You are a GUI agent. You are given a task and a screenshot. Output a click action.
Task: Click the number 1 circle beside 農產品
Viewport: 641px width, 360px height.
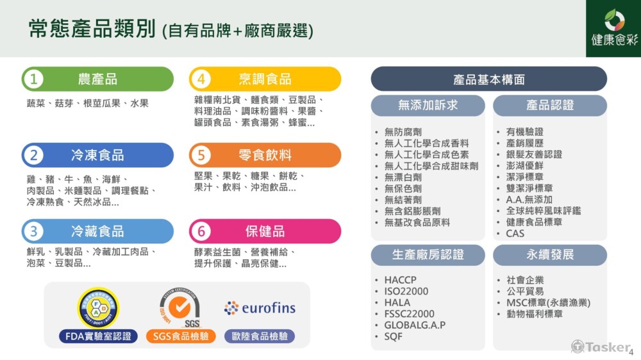click(x=33, y=79)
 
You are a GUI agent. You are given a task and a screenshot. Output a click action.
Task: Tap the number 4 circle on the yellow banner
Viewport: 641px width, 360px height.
click(x=201, y=79)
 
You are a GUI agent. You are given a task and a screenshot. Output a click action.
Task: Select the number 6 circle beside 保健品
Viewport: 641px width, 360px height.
click(x=201, y=231)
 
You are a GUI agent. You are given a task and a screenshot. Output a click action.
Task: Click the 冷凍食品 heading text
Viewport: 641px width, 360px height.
click(x=97, y=155)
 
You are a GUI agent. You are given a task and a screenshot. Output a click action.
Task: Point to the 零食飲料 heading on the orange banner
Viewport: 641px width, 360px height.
click(x=265, y=155)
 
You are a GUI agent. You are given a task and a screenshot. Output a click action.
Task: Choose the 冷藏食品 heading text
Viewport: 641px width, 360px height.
click(x=97, y=231)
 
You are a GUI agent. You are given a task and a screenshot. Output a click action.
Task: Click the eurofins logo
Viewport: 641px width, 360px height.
click(x=260, y=308)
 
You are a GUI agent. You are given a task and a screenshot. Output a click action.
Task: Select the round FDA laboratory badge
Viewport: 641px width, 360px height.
click(x=97, y=307)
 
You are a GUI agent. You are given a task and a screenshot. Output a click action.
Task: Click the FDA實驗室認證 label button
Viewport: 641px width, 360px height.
click(x=98, y=336)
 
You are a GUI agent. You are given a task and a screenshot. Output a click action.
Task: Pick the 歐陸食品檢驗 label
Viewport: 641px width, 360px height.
click(x=260, y=336)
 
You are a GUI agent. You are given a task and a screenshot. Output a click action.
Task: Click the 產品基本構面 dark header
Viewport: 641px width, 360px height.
click(x=488, y=79)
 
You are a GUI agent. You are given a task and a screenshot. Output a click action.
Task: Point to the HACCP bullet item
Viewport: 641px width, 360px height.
click(x=400, y=280)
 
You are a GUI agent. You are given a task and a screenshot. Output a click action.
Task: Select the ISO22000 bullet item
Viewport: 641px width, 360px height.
click(x=405, y=291)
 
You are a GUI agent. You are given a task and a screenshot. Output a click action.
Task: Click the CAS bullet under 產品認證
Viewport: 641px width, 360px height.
click(x=515, y=234)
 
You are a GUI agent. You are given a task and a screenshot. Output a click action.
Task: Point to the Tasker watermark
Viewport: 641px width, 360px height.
click(x=600, y=347)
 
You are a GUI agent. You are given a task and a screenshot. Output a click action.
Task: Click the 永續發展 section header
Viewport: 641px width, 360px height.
click(x=549, y=254)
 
